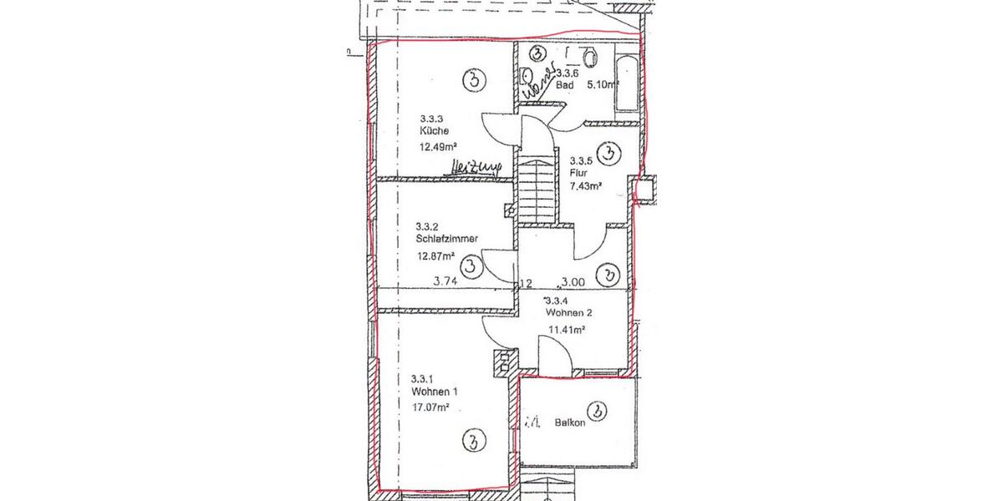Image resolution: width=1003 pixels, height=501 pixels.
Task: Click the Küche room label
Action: pyautogui.click(x=433, y=131)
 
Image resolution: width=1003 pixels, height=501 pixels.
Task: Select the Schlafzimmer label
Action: pyautogui.click(x=446, y=239)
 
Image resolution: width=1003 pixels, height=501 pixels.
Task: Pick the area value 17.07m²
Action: pyautogui.click(x=431, y=408)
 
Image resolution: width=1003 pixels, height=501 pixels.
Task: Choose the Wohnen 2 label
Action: pyautogui.click(x=568, y=313)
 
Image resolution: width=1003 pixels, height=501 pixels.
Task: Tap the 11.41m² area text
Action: pyautogui.click(x=566, y=330)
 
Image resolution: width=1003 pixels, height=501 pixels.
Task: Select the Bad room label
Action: pyautogui.click(x=565, y=85)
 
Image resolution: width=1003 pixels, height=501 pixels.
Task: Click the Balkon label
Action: pyautogui.click(x=570, y=423)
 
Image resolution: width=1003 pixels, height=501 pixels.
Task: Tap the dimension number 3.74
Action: pyautogui.click(x=445, y=282)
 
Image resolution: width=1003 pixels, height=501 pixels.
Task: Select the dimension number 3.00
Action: pyautogui.click(x=573, y=282)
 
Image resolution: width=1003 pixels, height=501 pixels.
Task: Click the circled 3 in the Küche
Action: pyautogui.click(x=474, y=81)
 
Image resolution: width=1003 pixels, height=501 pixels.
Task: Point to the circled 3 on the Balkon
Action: pyautogui.click(x=597, y=411)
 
